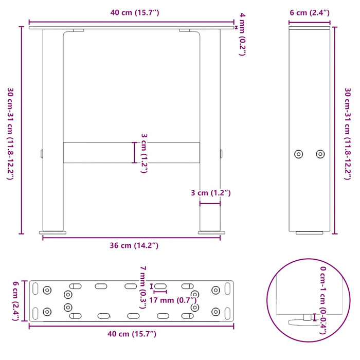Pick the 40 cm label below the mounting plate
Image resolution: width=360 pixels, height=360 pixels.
click(x=132, y=335)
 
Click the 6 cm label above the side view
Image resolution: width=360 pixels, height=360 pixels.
click(x=309, y=12)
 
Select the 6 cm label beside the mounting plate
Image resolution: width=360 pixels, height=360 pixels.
click(x=15, y=300)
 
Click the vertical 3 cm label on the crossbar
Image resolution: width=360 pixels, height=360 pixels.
click(x=144, y=153)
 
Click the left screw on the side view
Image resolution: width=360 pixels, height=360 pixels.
click(x=298, y=154)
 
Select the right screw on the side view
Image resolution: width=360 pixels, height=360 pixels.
click(x=320, y=154)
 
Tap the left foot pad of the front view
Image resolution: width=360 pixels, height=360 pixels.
click(x=53, y=232)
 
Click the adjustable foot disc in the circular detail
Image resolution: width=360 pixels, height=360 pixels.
click(x=303, y=322)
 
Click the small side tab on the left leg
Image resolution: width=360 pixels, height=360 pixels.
click(x=41, y=153)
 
